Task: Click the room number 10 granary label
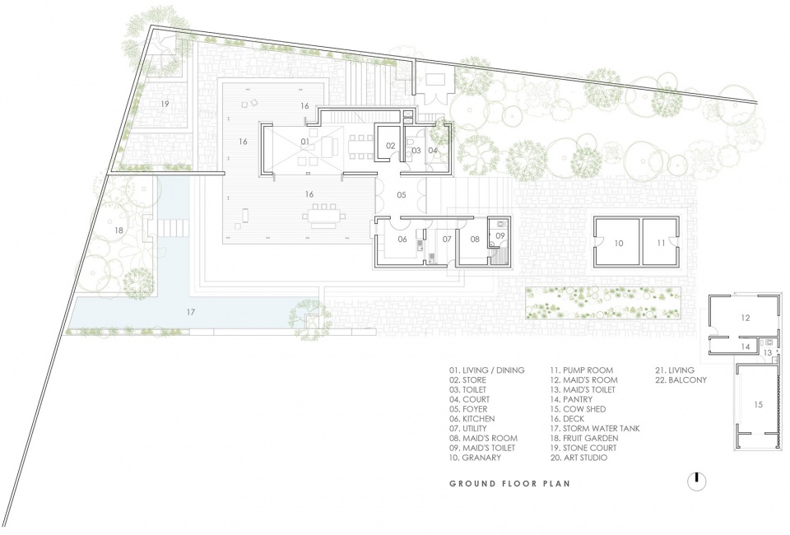(619, 244)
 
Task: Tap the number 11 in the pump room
(661, 244)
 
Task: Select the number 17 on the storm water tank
(190, 312)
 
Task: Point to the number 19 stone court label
(165, 104)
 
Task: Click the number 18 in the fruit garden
(118, 230)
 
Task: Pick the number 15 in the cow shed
(759, 404)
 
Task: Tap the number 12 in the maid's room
(746, 318)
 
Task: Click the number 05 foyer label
(401, 195)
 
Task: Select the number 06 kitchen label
(402, 240)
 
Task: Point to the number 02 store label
(391, 146)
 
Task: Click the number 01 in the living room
(304, 142)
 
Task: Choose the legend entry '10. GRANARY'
(475, 458)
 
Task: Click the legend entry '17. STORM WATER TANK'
(595, 428)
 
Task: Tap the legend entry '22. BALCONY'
(681, 379)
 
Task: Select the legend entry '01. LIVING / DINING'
(486, 370)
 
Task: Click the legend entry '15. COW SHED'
(578, 409)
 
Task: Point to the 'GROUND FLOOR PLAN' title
(510, 484)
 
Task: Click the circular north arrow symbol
(697, 481)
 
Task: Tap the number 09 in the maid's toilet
(500, 235)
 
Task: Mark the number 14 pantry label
(746, 347)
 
